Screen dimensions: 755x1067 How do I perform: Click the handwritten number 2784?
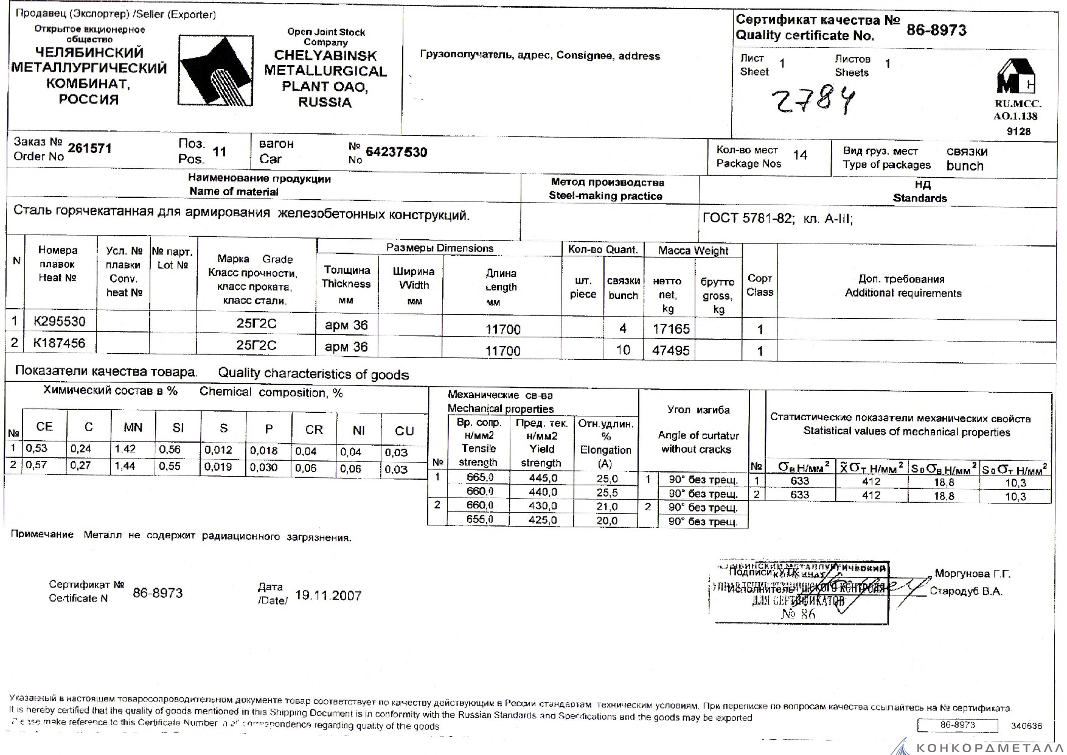[813, 100]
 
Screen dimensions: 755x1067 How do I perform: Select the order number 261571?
[89, 149]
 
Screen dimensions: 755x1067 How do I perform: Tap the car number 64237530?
[396, 152]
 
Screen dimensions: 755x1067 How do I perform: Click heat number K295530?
[59, 321]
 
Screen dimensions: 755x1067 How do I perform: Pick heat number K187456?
[59, 343]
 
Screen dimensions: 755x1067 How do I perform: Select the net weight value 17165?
[670, 329]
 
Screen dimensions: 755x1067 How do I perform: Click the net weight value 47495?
[670, 351]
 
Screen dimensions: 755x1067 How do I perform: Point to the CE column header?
[44, 427]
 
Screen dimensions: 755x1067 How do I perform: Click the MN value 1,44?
[125, 466]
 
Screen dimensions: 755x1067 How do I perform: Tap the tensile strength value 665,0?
[479, 478]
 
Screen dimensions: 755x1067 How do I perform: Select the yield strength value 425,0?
[543, 520]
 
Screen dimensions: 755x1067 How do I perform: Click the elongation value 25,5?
[607, 493]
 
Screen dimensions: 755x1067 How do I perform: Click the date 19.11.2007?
[328, 595]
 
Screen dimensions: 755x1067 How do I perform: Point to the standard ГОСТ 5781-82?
[748, 219]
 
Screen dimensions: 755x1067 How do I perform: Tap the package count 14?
[800, 155]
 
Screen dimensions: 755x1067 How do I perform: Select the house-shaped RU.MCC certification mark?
[1016, 76]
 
